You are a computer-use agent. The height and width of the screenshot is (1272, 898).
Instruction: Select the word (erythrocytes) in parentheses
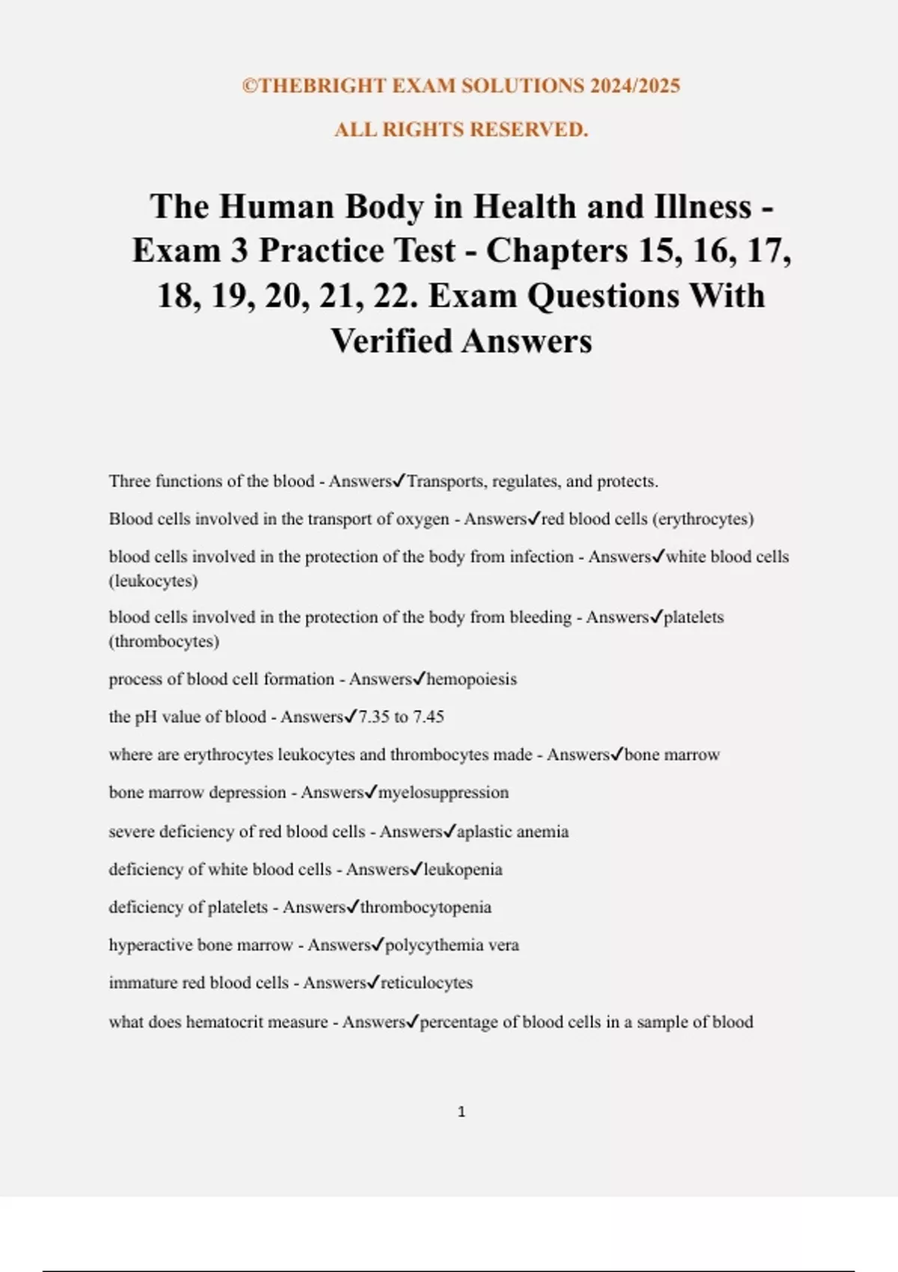coord(703,519)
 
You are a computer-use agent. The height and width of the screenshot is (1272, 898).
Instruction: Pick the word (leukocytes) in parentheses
coord(153,581)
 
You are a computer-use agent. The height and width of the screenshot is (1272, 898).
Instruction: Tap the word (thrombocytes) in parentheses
coord(164,641)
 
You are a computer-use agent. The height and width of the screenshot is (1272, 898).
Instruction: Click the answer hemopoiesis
coord(471,679)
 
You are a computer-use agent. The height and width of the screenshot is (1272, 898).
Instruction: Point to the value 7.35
coord(373,717)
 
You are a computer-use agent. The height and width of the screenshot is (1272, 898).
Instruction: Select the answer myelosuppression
coord(443,792)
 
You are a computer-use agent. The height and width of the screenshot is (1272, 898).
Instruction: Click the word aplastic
coord(484,831)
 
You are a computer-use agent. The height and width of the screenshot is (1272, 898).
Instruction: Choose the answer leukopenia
coord(462,869)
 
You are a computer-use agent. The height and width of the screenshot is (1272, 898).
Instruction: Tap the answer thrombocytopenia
coord(426,907)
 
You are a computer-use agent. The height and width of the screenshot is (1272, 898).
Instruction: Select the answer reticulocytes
coord(427,982)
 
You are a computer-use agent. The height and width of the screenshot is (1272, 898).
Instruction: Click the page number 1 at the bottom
coord(461,1112)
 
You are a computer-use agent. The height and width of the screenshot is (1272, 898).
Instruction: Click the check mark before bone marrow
coord(617,754)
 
